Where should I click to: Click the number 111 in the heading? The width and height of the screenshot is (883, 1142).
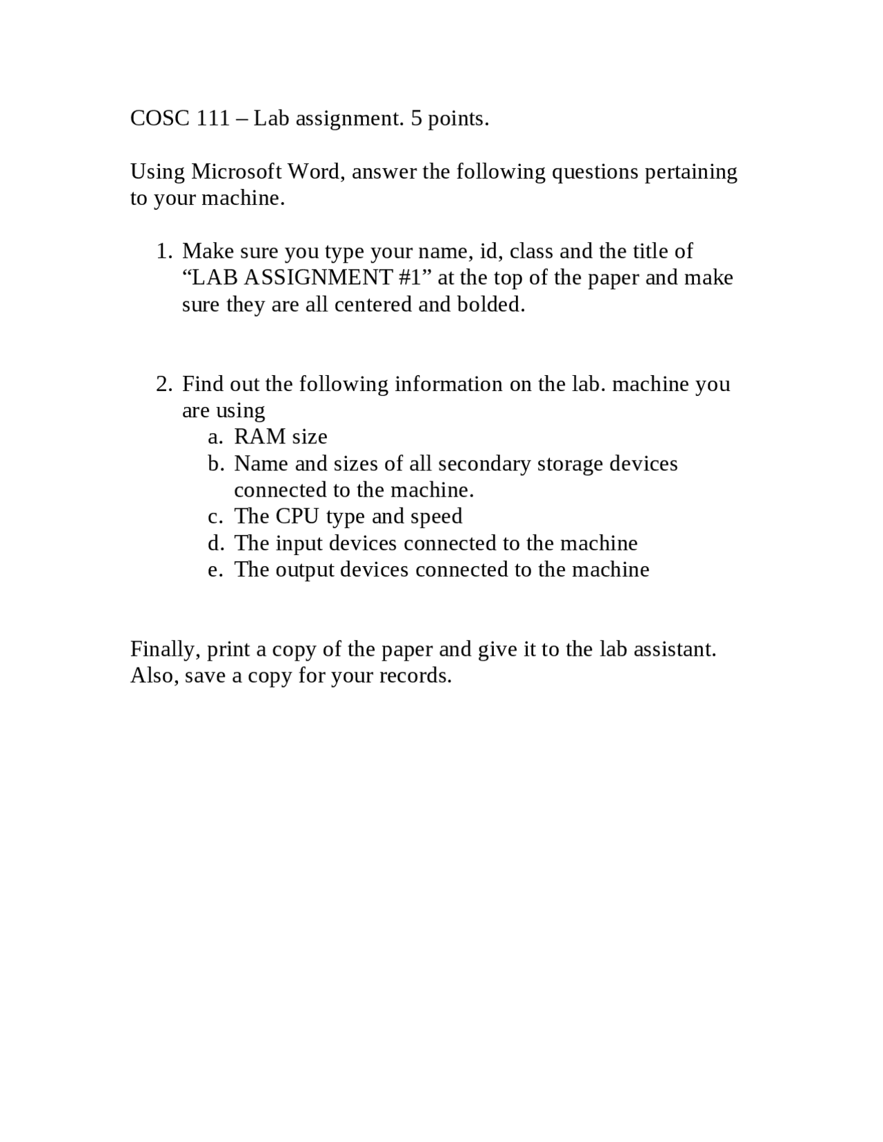pos(213,119)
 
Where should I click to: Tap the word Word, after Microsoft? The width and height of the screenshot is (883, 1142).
pos(316,171)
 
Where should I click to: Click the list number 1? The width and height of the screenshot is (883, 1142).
pos(163,251)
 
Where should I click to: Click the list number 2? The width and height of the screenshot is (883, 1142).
pos(163,384)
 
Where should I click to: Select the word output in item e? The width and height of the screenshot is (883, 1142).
pos(304,570)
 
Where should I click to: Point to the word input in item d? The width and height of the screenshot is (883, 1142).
pos(299,543)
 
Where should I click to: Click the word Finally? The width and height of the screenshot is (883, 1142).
pos(166,649)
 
